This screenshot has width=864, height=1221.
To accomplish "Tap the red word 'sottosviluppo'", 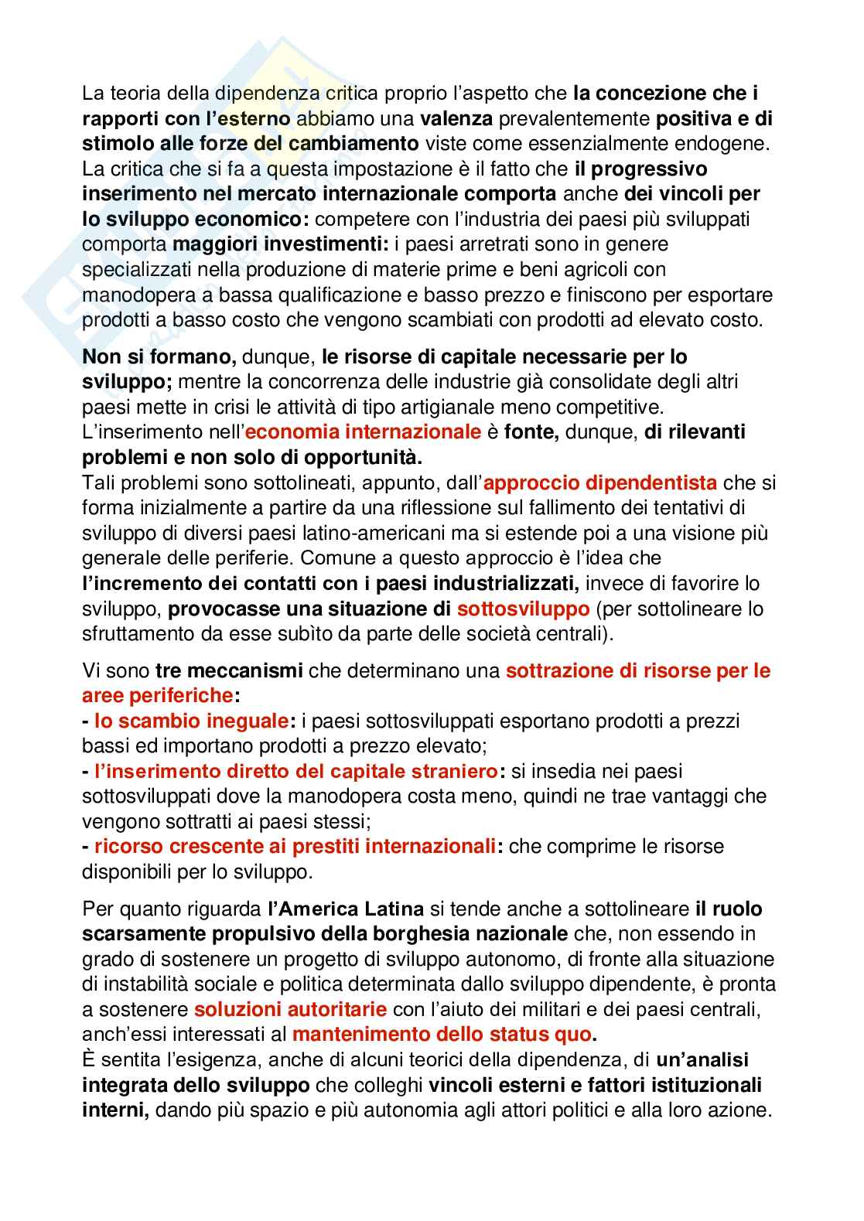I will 523,609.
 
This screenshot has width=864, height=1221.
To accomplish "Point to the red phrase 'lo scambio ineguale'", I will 191,721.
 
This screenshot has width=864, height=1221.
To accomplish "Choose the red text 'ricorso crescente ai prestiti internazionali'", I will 295,846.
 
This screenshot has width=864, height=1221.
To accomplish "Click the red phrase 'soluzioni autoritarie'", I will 290,1009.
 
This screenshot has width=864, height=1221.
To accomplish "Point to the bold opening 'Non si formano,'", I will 159,356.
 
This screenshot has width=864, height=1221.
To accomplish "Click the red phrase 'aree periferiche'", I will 157,694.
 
